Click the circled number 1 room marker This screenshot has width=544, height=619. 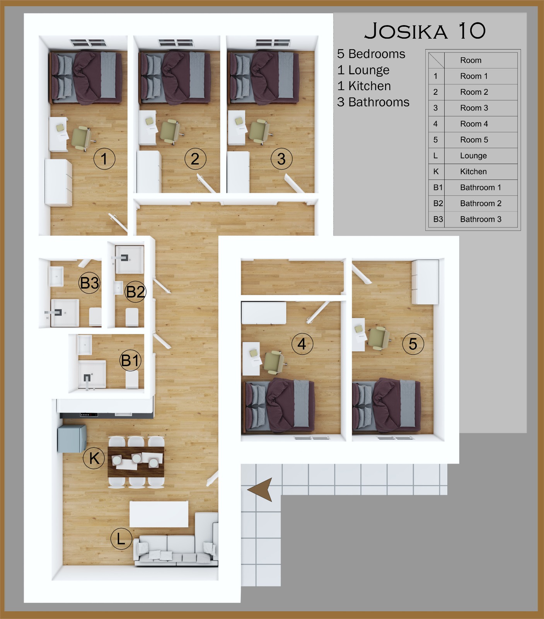(104, 159)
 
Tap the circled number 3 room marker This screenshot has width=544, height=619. (281, 159)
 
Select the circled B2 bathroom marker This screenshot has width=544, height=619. (135, 291)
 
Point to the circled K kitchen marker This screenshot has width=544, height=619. (94, 458)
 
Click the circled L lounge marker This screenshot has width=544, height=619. (121, 539)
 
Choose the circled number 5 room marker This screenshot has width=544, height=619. (413, 344)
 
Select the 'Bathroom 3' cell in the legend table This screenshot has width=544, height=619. (481, 219)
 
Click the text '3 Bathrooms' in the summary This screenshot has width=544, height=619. (373, 102)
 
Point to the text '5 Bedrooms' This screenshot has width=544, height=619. (371, 54)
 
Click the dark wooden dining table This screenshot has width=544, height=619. (136, 462)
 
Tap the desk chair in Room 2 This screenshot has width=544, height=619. (172, 131)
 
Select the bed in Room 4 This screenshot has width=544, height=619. (280, 406)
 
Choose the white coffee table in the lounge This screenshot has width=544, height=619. (159, 514)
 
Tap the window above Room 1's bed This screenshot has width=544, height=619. (87, 42)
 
